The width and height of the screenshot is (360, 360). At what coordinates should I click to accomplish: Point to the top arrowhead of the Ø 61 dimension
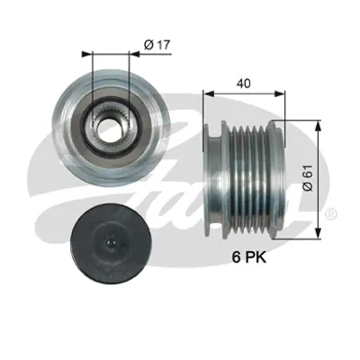tap(317, 122)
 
